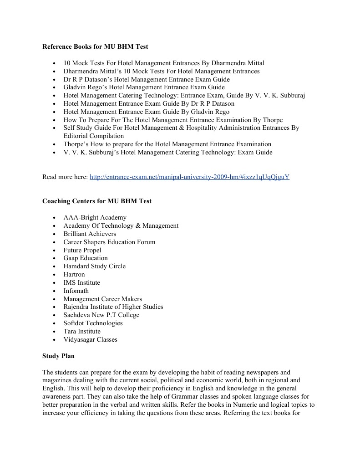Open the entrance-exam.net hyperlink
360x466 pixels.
click(x=189, y=177)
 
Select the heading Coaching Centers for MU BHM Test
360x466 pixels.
click(x=97, y=201)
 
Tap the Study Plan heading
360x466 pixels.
click(x=58, y=356)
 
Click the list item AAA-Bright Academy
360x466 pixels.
click(x=95, y=218)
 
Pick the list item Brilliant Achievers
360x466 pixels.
click(x=90, y=234)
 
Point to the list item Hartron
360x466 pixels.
click(x=74, y=275)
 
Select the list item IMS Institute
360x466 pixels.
click(x=81, y=282)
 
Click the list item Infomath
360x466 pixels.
click(x=76, y=291)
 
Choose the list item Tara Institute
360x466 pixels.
click(x=82, y=331)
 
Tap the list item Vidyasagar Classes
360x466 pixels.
click(x=90, y=339)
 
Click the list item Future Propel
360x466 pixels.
click(x=82, y=250)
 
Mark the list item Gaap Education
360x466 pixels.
click(x=86, y=258)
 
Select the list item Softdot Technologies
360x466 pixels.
click(x=93, y=323)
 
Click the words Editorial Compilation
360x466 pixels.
click(x=93, y=136)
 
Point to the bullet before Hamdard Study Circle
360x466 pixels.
click(x=54, y=266)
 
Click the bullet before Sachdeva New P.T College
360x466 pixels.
click(x=54, y=315)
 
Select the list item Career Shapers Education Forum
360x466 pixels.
click(x=109, y=242)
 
